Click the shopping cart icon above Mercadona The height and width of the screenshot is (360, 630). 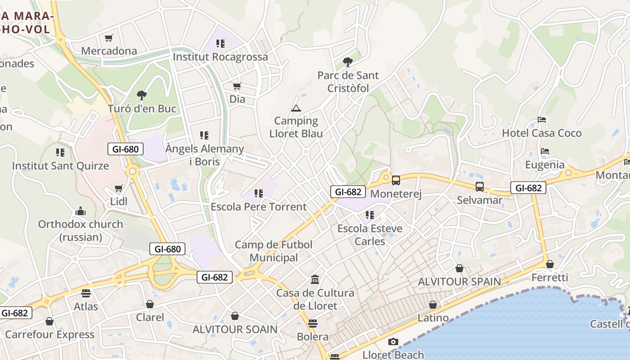point(108,38)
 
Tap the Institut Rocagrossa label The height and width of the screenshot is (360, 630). point(220,57)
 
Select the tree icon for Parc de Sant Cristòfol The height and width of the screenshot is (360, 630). point(347,62)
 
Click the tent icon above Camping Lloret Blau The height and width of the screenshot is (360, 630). point(296,108)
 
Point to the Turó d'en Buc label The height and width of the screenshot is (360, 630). point(142,109)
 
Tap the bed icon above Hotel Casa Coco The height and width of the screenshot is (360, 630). point(542,120)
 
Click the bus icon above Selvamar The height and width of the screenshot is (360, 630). point(480,186)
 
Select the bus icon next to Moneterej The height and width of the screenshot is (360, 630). point(396,180)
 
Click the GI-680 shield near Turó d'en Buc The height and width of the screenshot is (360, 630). point(126,149)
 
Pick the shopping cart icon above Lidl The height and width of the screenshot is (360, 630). point(118,189)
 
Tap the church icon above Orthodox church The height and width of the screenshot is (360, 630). point(81,211)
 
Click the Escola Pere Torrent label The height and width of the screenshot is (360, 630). point(259,207)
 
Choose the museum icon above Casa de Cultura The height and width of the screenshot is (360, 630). point(315,279)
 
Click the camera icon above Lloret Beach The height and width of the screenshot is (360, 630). point(393,342)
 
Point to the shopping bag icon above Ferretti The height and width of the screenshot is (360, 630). point(549,264)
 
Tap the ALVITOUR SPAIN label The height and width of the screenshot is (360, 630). point(459,282)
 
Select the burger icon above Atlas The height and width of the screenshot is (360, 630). point(86,293)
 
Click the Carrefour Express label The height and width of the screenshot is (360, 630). point(50,335)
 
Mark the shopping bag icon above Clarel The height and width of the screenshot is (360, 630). point(150,305)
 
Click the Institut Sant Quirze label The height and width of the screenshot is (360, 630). point(60,166)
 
